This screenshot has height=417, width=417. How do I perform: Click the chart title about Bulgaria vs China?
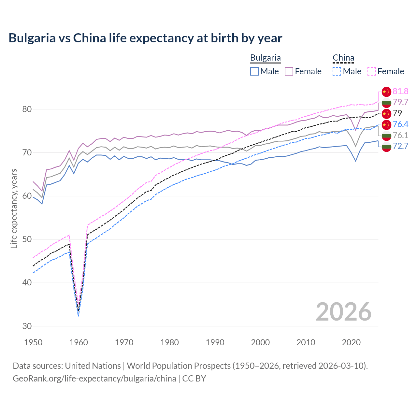pos(145,38)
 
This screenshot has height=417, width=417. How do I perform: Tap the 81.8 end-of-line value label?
pos(400,91)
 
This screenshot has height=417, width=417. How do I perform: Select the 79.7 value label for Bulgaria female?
pos(400,102)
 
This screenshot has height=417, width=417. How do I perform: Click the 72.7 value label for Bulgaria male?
pos(400,146)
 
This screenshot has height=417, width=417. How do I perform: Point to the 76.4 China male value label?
pos(400,124)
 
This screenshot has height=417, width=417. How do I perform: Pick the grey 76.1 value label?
pos(400,135)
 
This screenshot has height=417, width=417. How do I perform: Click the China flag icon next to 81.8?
pos(386,92)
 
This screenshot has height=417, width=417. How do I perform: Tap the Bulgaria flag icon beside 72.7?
pos(386,146)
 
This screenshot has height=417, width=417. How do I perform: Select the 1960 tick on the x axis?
pos(79,342)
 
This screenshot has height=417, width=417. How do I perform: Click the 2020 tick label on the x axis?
pos(351,342)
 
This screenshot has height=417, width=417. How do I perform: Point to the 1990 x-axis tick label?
pos(215,342)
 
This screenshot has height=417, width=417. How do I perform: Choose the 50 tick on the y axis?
pos(27,239)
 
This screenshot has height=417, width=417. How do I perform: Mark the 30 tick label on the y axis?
pos(27,326)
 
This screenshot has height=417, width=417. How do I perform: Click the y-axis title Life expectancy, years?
pos(14,208)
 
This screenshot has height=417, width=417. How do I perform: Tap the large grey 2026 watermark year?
pos(344,312)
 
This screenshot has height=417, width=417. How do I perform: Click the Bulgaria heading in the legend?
pos(265,58)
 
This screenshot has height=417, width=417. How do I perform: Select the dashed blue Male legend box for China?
pos(337,71)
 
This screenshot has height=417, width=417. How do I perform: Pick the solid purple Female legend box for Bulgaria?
pos(289,71)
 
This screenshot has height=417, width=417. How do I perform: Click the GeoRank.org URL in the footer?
pos(94,379)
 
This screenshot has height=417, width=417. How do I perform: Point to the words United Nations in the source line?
pos(93,366)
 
